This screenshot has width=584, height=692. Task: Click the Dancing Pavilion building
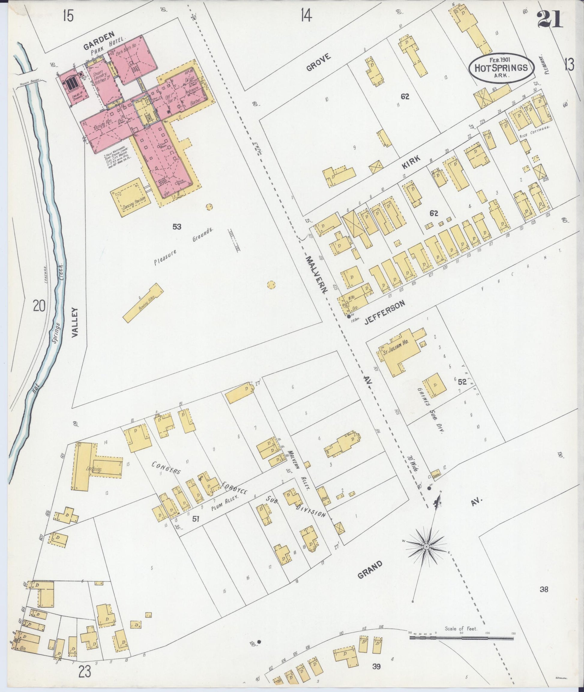131,198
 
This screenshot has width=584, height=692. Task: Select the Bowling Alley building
143,302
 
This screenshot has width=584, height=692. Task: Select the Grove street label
318,62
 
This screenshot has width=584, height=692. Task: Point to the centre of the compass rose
427,547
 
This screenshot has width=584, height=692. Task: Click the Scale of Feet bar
462,637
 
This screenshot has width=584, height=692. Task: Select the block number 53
177,227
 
